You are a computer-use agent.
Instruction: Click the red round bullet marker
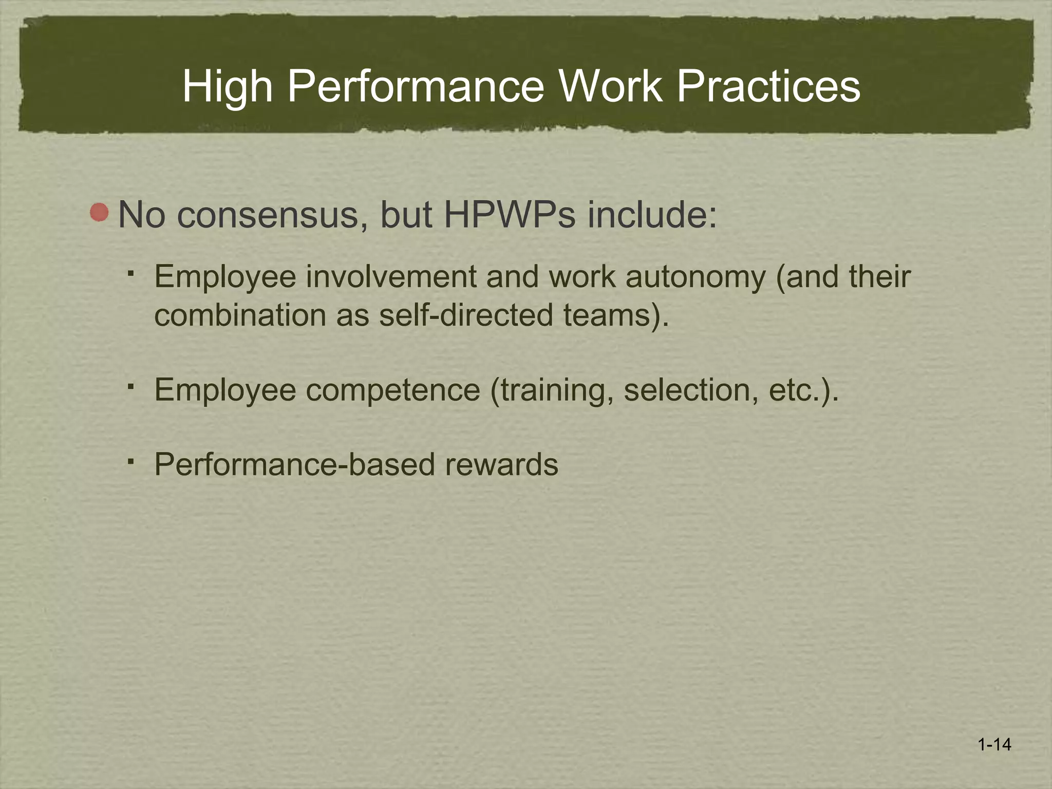99,212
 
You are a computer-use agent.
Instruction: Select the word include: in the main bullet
652,214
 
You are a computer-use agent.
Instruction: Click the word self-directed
465,315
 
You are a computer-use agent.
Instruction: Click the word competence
393,390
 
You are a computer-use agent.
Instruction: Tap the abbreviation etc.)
803,390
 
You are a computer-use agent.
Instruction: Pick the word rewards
501,465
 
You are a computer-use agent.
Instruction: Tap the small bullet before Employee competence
131,386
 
